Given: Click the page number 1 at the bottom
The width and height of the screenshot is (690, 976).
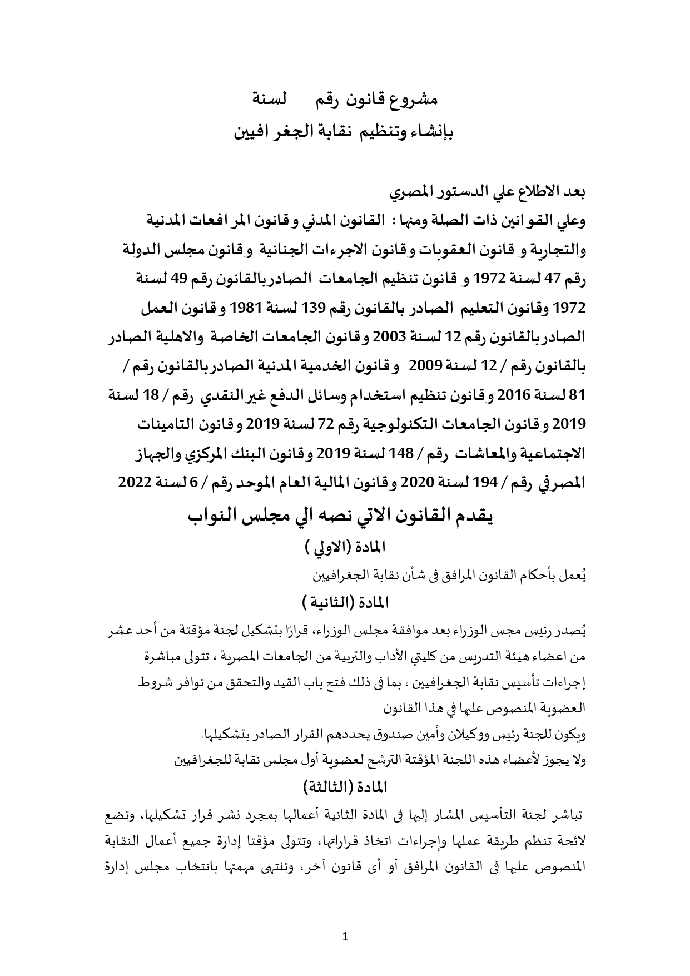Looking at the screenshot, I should tap(345, 937).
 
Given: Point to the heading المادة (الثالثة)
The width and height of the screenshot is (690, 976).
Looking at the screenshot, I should tap(345, 787).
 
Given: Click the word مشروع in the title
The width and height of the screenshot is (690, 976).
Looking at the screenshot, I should tap(418, 100).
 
